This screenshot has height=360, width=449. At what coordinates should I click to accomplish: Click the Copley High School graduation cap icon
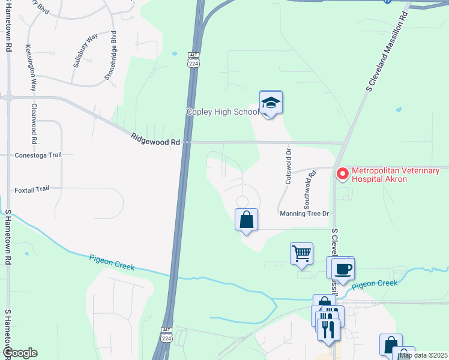coord(271,103)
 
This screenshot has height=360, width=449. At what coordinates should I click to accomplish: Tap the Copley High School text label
coord(222,112)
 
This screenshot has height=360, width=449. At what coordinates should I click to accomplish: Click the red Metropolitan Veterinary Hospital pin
coord(343,174)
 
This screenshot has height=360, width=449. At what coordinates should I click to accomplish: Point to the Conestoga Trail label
coord(38,155)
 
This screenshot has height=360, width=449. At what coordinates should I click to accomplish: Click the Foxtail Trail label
coord(32,189)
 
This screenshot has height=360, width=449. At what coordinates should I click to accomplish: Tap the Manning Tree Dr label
coord(304,213)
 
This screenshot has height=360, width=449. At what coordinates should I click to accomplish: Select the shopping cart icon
coord(301,253)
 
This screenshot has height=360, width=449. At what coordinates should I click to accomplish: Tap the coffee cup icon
coord(343,268)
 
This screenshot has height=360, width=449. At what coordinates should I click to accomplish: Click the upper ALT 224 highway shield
coord(193,58)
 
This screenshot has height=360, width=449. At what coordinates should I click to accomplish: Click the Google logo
coord(20,353)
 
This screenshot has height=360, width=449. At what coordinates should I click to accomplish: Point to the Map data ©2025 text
coord(423,355)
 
